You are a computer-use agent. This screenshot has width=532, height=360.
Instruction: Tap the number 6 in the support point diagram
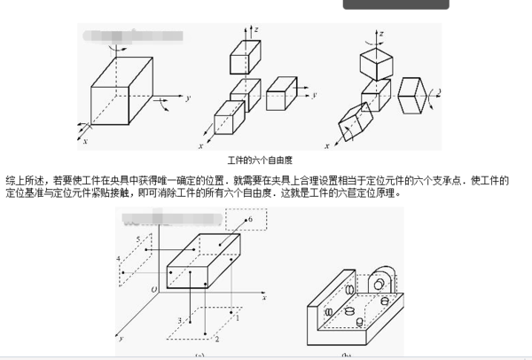[x=251, y=217]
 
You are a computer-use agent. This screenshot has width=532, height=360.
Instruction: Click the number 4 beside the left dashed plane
[x=119, y=258]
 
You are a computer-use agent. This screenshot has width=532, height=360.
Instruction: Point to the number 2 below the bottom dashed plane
[x=215, y=339]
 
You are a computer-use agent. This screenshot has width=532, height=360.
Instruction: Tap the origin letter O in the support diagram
[x=154, y=289]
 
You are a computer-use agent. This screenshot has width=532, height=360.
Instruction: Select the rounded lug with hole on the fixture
[x=384, y=284]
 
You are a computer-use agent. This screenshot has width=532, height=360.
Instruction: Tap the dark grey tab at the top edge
[x=396, y=4]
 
